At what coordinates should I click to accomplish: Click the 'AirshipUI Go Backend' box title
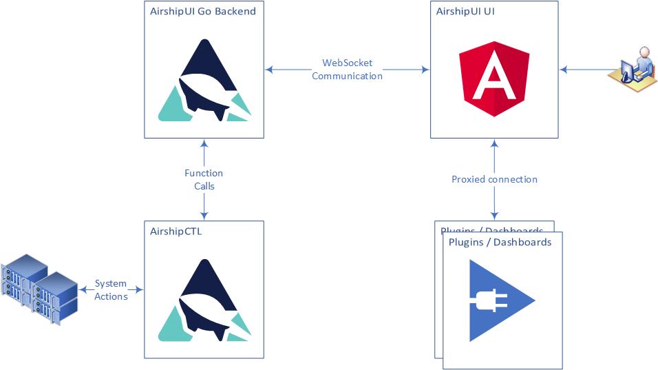[203, 11]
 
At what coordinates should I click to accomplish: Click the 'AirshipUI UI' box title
[465, 11]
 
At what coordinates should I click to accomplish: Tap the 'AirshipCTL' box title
[176, 232]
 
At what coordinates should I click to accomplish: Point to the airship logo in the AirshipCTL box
[204, 300]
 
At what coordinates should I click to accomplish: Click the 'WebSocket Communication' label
[347, 69]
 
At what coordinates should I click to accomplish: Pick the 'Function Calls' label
[204, 179]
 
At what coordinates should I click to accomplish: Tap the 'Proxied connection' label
[494, 179]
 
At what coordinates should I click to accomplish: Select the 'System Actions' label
[111, 289]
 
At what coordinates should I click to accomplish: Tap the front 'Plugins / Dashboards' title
[500, 243]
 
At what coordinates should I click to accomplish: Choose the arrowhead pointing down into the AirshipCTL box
[204, 216]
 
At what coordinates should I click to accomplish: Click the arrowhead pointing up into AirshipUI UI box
[493, 143]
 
